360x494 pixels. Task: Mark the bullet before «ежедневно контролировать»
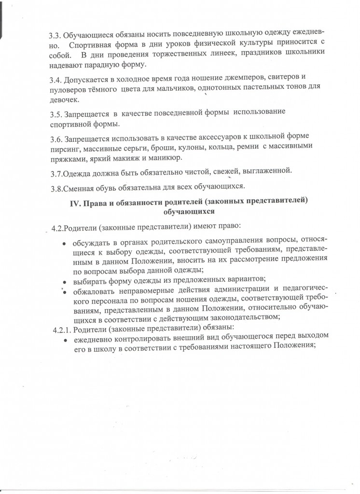coord(65,340)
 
